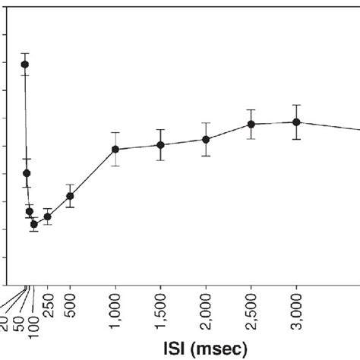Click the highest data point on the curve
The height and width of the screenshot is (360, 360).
(24, 65)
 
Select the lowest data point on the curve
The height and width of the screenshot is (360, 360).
(33, 224)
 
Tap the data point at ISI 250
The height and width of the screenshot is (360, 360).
(47, 216)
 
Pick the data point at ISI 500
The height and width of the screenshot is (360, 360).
(70, 196)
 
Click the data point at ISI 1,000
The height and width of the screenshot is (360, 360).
(115, 149)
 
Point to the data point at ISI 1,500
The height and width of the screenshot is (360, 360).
(160, 144)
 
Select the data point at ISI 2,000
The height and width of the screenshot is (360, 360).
(206, 139)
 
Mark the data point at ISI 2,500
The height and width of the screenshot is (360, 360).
(251, 124)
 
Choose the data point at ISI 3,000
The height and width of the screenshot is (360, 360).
(297, 122)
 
